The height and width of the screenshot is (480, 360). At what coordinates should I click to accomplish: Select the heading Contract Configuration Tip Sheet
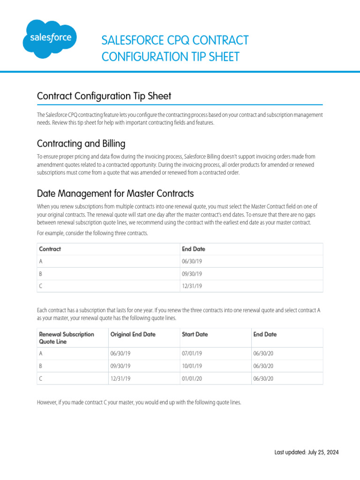104,96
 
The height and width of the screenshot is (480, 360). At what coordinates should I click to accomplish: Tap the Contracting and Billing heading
81,143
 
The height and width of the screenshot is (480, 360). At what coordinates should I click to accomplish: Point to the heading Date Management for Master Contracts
115,194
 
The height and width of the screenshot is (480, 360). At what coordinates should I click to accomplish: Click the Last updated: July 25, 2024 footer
306,452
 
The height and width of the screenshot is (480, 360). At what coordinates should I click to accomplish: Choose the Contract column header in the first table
50,249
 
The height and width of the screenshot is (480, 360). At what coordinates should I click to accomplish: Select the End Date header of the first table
194,249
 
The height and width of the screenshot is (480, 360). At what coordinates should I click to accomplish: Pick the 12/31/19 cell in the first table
192,286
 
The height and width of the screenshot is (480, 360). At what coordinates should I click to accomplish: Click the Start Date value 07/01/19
192,354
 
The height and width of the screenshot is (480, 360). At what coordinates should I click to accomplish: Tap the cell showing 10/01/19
192,366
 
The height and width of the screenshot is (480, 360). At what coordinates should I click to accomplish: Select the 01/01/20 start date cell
192,378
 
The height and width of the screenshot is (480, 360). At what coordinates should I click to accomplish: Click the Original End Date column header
133,335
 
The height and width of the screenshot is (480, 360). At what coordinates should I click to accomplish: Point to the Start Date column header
195,335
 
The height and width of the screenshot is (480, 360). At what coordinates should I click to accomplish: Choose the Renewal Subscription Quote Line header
67,338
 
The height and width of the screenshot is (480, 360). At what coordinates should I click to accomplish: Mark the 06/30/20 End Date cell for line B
263,366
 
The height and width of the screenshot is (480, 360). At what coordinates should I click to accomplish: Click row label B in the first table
41,274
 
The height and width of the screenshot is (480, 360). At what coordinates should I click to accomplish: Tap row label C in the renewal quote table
41,378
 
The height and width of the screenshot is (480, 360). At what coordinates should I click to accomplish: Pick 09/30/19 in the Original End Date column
120,366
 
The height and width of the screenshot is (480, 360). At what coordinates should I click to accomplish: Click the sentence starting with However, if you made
139,402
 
